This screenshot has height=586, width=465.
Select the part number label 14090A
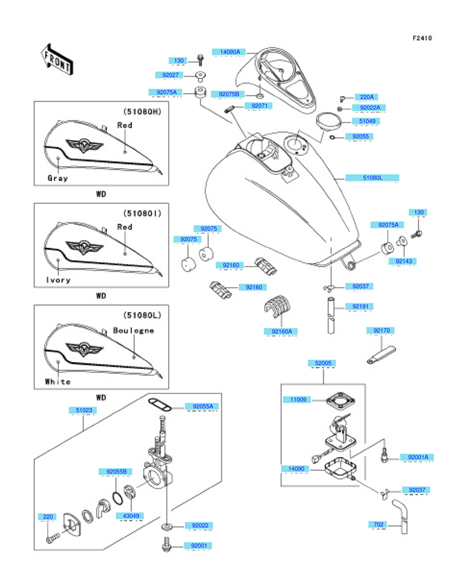tap(230, 52)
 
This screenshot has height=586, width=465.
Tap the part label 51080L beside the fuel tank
tap(372, 178)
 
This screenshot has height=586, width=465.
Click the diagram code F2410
tap(422, 38)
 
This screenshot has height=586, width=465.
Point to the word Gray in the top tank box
tap(58, 178)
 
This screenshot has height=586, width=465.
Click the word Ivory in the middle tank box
tap(58, 280)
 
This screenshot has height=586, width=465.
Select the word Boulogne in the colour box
tap(133, 331)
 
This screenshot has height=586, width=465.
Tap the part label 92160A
tap(282, 332)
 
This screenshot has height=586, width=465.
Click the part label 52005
tap(323, 363)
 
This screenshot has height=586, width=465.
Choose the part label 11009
tap(298, 400)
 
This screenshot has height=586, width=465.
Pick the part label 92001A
tap(418, 458)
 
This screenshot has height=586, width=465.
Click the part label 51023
tap(84, 411)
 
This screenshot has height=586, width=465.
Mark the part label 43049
tap(131, 516)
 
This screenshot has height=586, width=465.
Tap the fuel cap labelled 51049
tap(329, 121)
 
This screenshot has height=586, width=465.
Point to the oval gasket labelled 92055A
tap(159, 404)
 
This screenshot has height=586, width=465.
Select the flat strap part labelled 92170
tap(381, 355)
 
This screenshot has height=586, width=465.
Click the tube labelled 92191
tap(331, 315)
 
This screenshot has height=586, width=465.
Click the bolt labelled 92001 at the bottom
tap(167, 544)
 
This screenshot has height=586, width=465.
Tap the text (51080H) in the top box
tap(142, 112)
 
